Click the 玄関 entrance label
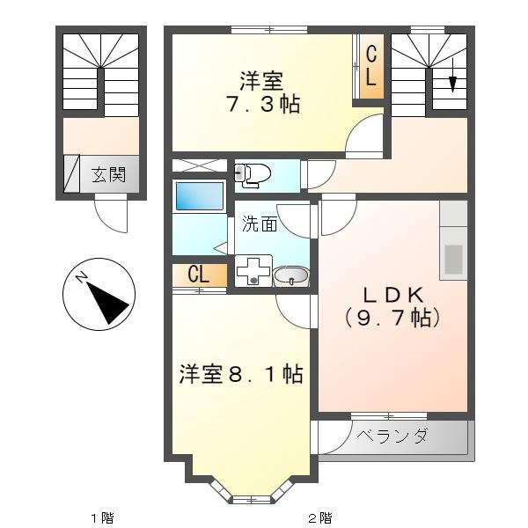click(x=108, y=175)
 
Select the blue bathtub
click(x=200, y=196)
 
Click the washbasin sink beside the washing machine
click(x=291, y=276)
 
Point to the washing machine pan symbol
click(x=253, y=271)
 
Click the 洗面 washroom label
click(x=260, y=224)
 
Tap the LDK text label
click(x=392, y=296)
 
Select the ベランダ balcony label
click(x=392, y=436)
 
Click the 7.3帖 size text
click(x=262, y=103)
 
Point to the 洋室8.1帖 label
click(x=241, y=374)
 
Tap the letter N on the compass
click(x=82, y=277)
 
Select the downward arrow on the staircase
click(x=452, y=75)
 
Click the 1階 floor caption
click(x=102, y=517)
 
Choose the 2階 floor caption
click(x=320, y=517)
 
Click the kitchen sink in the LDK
click(x=453, y=259)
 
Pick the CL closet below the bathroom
click(x=200, y=275)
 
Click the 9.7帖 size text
click(x=392, y=318)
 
